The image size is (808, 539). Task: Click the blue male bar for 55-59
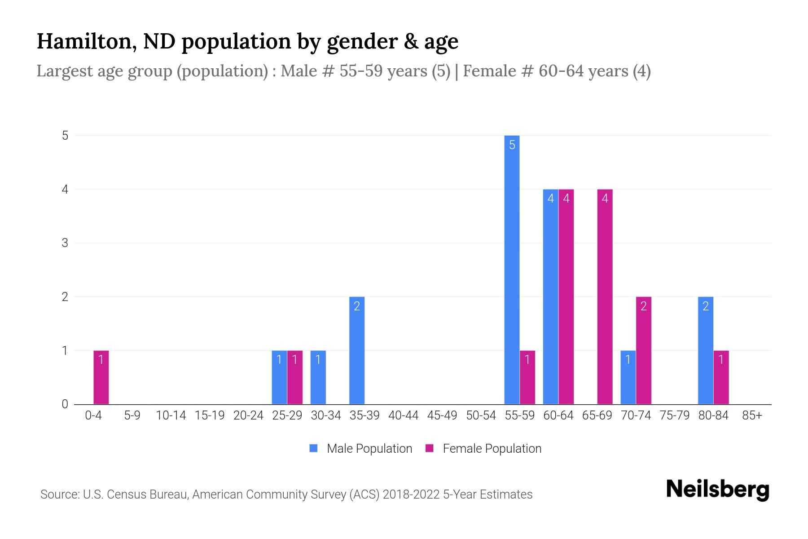coord(512,269)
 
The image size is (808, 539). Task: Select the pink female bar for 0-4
coord(101,377)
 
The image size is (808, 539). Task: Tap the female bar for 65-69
coord(605,296)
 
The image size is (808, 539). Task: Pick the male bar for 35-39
coord(357,350)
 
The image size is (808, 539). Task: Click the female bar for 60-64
coord(566,296)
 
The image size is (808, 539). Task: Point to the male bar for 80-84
coord(706,350)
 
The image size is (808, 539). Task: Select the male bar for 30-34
coord(318,377)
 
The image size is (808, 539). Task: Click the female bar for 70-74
coord(643,350)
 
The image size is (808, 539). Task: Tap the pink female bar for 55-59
coord(527,377)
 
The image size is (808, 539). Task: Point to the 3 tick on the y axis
coord(65,243)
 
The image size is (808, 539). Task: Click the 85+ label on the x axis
coord(752,415)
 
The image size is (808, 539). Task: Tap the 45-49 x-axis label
coord(442,415)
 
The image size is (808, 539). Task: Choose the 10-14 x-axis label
coord(171,415)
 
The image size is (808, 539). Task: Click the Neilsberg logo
coord(717,490)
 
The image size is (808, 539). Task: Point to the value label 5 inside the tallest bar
coord(512,145)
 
